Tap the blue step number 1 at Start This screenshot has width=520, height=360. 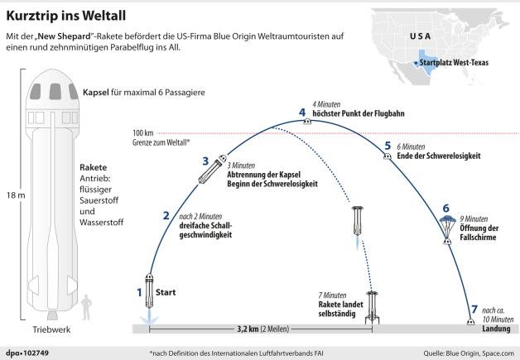[139, 291]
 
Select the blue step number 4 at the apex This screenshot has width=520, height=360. [302, 112]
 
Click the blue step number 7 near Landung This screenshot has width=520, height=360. [474, 310]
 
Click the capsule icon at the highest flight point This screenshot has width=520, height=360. [306, 122]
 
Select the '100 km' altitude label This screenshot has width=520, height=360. [142, 132]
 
